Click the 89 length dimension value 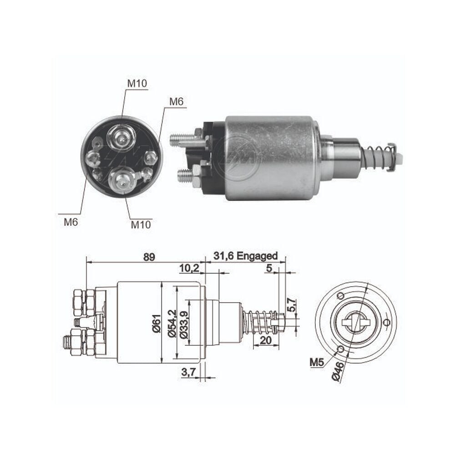tap(149, 257)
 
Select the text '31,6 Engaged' tap(246, 256)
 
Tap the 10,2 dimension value tap(189, 268)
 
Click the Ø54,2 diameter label tap(172, 323)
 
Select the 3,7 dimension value tap(189, 372)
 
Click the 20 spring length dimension tap(266, 340)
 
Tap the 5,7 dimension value tap(293, 305)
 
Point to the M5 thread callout tap(317, 362)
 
